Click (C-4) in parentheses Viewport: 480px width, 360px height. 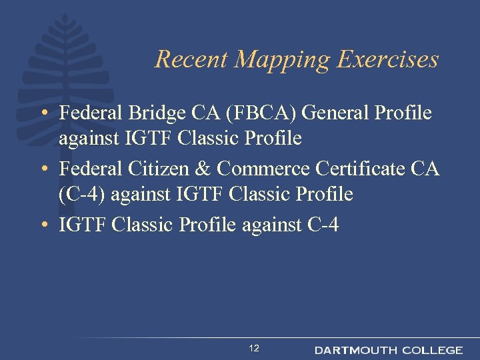(x=82, y=195)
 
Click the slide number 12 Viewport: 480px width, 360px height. (x=254, y=348)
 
